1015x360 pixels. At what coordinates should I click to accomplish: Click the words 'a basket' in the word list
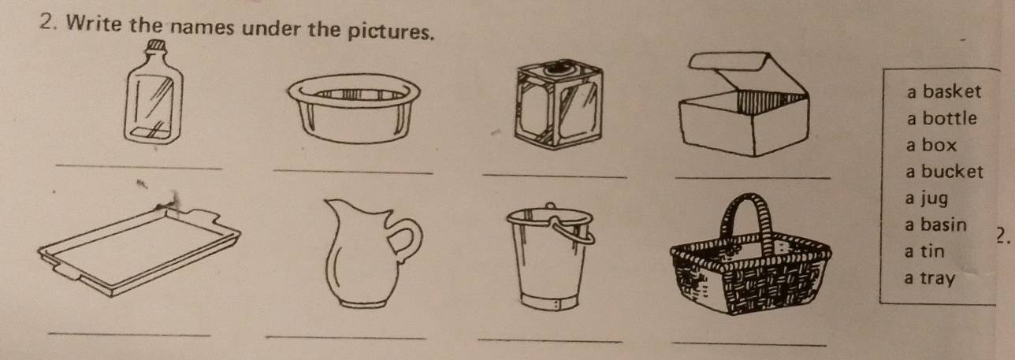click(943, 92)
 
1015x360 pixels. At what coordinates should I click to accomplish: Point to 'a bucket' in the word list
click(944, 172)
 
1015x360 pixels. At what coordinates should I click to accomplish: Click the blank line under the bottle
click(140, 165)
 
